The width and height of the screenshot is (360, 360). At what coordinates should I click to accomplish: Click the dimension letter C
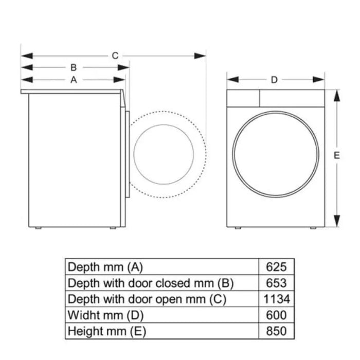(x=115, y=55)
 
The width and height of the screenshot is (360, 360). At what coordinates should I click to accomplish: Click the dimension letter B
(x=74, y=67)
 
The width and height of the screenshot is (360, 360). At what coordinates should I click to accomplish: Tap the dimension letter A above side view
(x=74, y=80)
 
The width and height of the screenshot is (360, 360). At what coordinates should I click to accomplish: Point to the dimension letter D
(x=274, y=80)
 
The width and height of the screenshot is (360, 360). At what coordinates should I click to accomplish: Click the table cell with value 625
(x=276, y=267)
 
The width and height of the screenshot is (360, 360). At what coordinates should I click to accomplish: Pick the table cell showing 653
(x=276, y=283)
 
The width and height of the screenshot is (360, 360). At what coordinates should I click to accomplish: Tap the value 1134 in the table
(x=276, y=299)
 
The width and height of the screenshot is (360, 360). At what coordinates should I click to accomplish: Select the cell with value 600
(x=276, y=315)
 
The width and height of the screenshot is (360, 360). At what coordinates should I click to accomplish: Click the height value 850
(x=276, y=331)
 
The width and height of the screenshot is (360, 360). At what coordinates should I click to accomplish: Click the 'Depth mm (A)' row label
(x=105, y=267)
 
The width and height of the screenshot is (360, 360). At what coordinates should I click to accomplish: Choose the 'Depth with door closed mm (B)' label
(x=151, y=283)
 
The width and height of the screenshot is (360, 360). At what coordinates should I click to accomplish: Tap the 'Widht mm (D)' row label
(x=105, y=315)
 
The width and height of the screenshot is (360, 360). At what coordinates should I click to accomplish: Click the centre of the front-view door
(x=276, y=153)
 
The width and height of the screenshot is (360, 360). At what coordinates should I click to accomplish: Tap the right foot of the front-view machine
(x=312, y=228)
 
